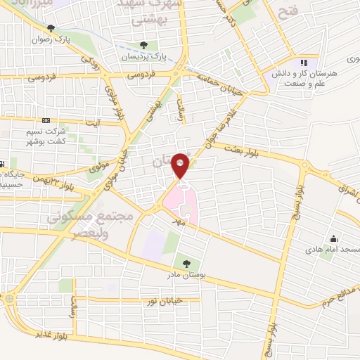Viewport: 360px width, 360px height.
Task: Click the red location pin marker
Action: coord(181,164)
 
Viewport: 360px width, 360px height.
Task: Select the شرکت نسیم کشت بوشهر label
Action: coord(68,136)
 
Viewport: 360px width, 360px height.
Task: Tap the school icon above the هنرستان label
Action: coord(304,63)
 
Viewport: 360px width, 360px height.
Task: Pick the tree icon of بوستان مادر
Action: coord(186,264)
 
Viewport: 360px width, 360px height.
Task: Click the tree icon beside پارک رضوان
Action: coord(51,28)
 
